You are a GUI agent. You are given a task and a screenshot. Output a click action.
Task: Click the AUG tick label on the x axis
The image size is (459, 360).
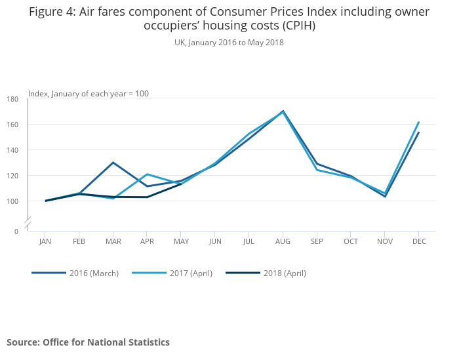coord(283,241)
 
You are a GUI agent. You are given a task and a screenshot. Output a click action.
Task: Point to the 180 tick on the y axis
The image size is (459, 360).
coord(13,99)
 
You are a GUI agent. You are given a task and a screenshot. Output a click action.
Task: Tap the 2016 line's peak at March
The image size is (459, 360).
coord(113,163)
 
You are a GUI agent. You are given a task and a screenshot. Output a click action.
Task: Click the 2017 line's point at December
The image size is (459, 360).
coord(418,122)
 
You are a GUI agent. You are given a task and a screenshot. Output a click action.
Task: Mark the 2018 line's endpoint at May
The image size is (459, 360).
coord(181,184)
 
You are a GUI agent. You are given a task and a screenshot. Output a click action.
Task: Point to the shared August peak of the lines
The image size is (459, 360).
coord(283,111)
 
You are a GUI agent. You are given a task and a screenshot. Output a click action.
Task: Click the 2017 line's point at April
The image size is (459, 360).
coord(147,174)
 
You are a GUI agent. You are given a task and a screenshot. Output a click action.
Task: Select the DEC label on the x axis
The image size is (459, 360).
coord(419,241)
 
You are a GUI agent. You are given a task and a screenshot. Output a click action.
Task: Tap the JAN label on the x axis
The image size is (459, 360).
coord(45,241)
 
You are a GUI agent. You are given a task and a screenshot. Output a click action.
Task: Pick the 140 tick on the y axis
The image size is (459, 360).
coord(13,150)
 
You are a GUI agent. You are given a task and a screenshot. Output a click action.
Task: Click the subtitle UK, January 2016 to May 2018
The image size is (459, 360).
coord(229,43)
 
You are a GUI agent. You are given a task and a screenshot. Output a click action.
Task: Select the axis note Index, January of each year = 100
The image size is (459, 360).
coord(89,94)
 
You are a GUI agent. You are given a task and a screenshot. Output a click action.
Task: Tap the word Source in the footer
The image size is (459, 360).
coord(23,342)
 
